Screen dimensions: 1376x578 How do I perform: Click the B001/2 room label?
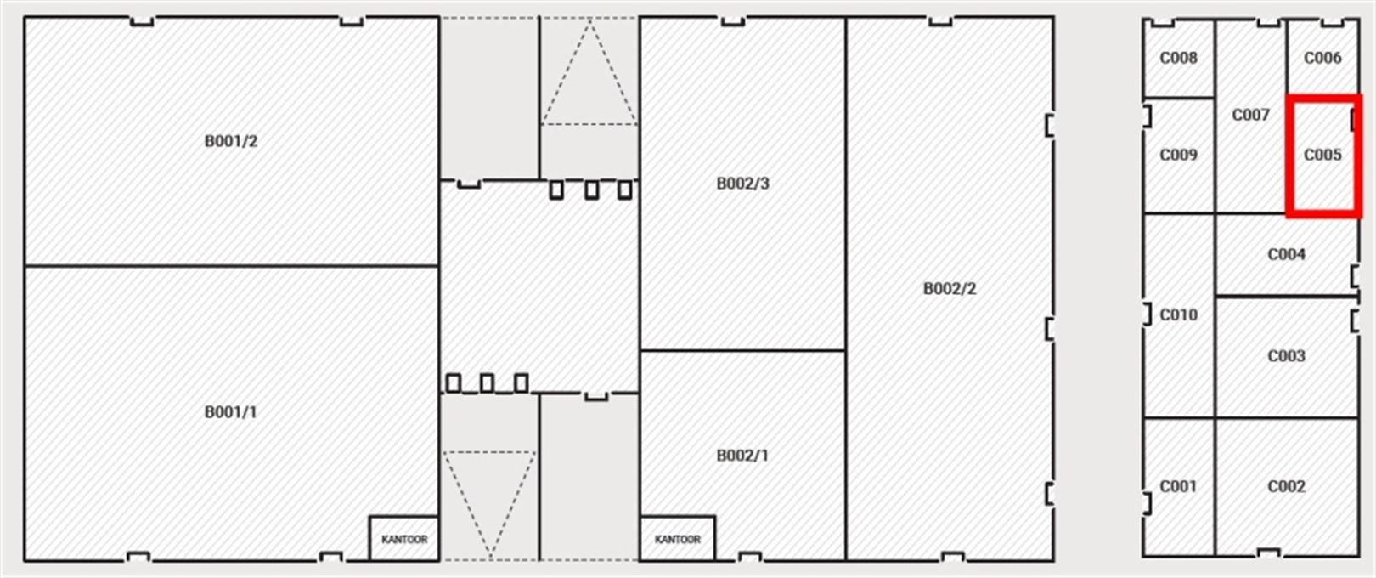coord(231,141)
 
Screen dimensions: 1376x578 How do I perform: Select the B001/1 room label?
coord(231,412)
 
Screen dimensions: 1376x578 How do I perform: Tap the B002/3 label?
coord(742,184)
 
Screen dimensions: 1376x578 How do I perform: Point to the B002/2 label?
coord(950,288)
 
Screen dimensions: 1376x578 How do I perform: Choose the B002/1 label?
coord(742,456)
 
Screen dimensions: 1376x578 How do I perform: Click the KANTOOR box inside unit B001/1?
coord(404,539)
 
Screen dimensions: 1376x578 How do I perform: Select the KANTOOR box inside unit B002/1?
coord(678,539)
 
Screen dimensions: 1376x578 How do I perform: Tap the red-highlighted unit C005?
coord(1323,155)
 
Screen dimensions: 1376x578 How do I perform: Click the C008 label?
coord(1178,58)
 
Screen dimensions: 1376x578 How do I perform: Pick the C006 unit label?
coord(1322,58)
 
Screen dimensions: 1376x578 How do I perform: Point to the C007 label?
coord(1250,115)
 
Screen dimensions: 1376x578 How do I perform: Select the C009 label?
coord(1178,155)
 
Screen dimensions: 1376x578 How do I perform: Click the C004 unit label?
coord(1286,254)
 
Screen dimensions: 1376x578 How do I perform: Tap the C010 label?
coord(1178,314)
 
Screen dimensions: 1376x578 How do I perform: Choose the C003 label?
coord(1286,356)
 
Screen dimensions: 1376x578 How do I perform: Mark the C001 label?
coord(1178,486)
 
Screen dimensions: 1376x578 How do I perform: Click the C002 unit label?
coord(1286,486)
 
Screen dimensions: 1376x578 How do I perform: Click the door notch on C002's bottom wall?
coord(1268,552)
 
